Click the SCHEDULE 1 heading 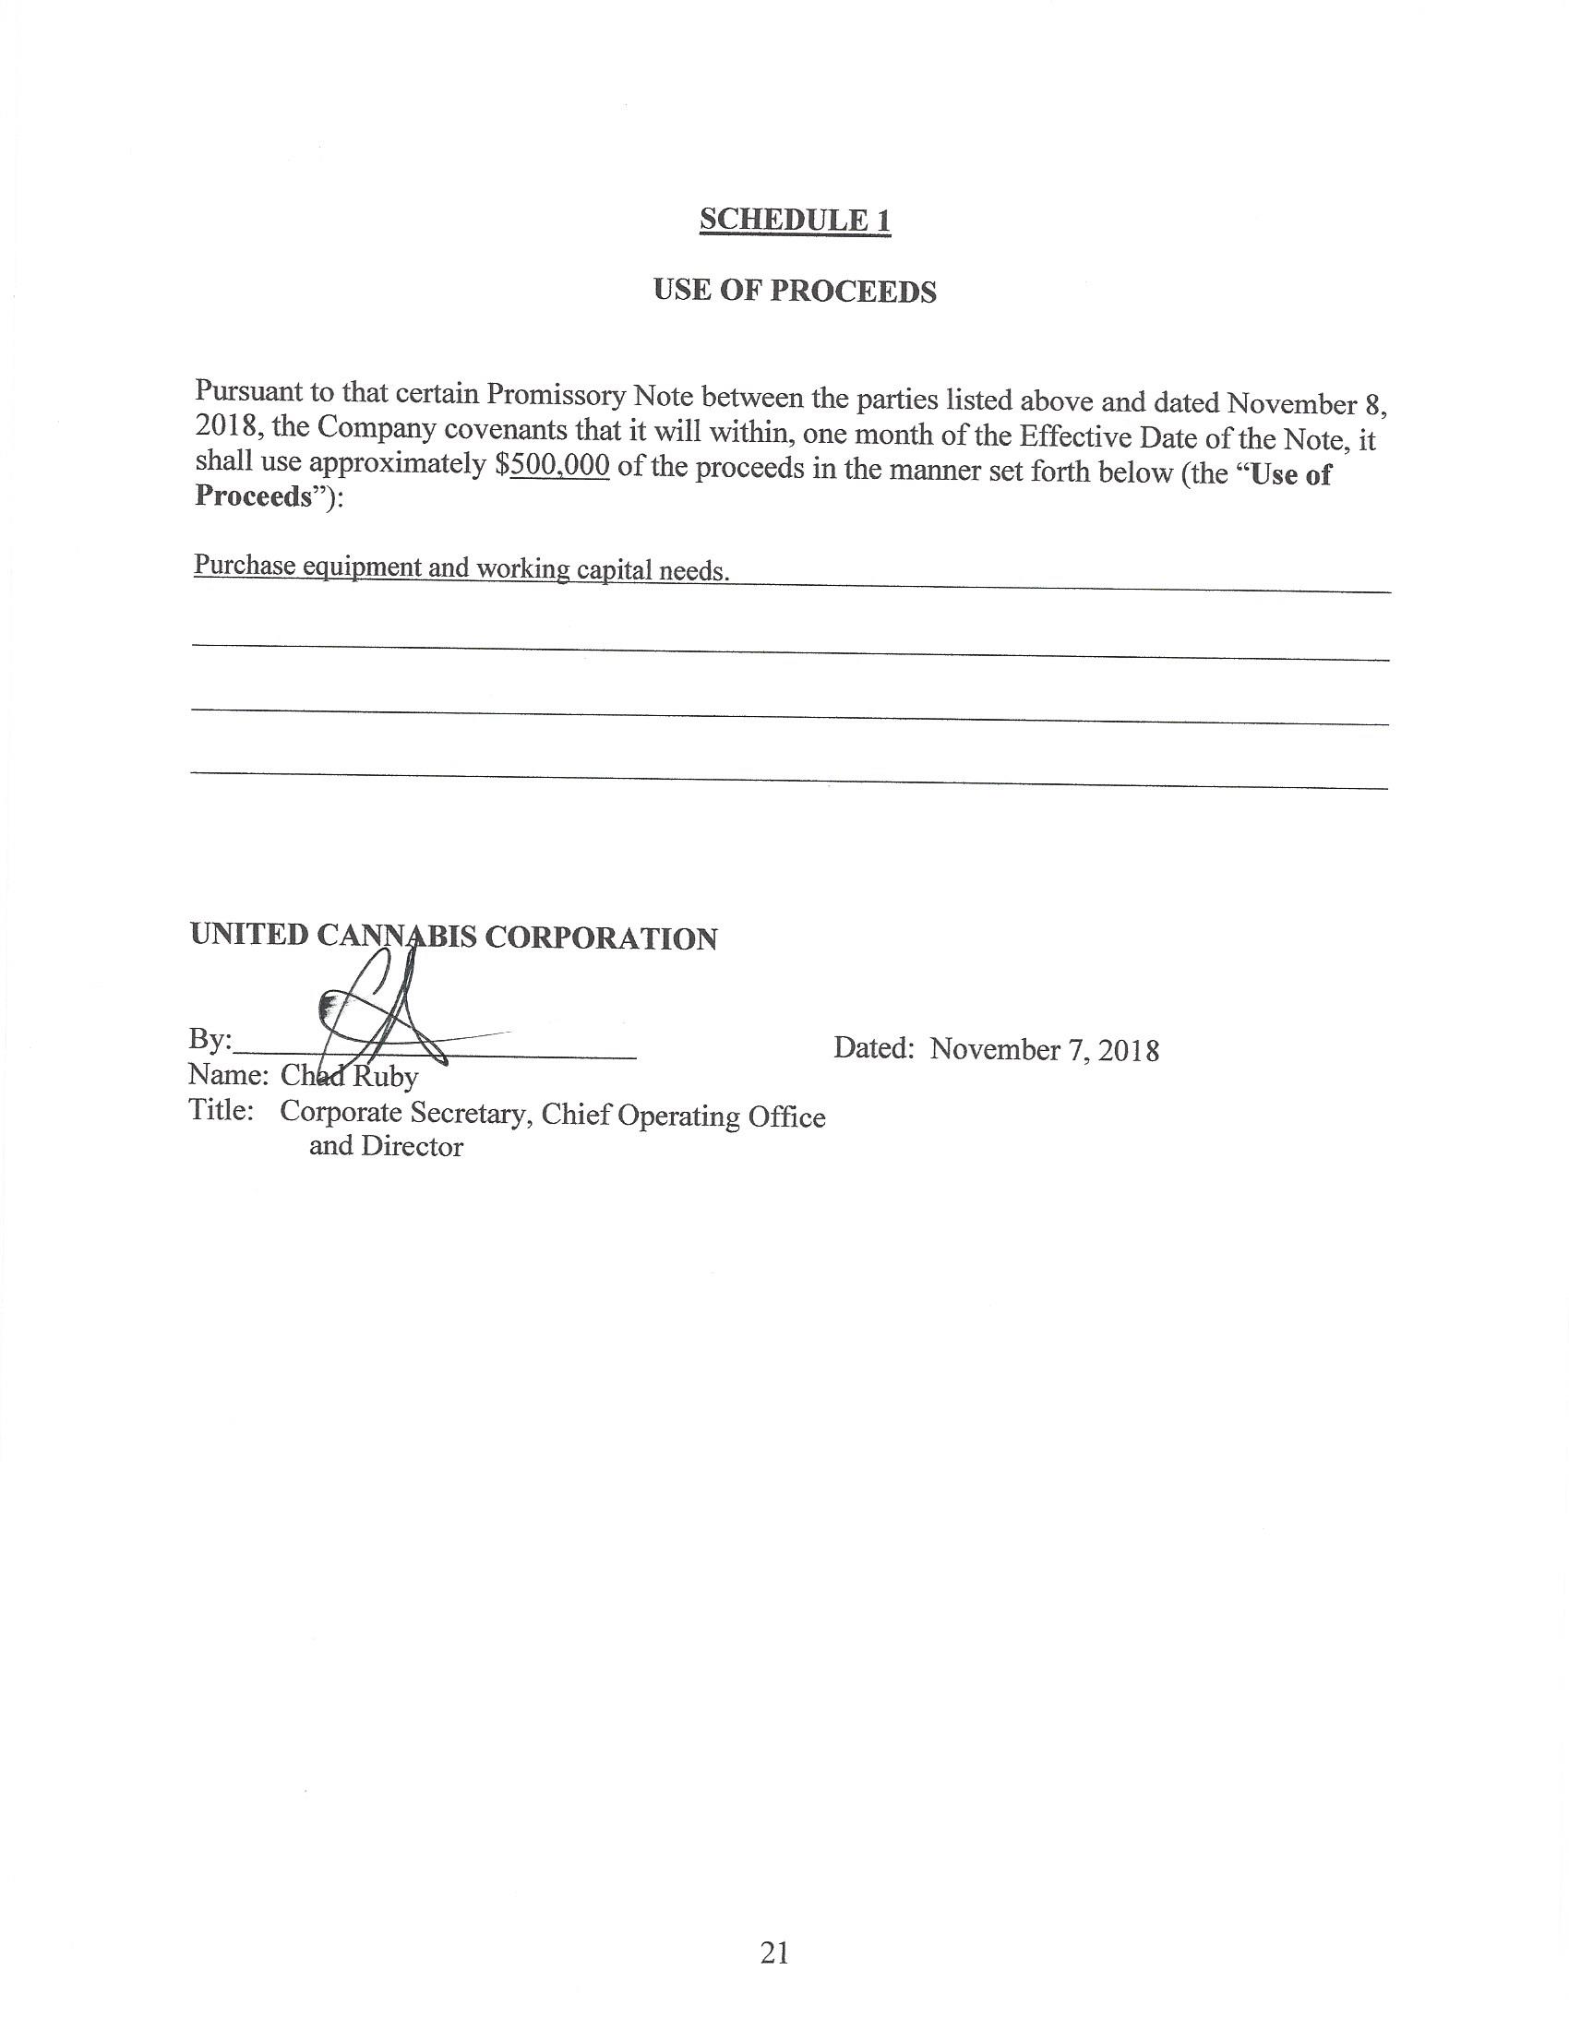coord(795,221)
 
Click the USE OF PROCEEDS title coord(795,291)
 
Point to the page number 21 coord(774,1952)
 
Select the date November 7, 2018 coord(1044,1050)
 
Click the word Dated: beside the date coord(874,1048)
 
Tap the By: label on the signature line coord(210,1040)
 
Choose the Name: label coord(229,1075)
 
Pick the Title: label coord(222,1111)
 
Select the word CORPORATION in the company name coord(601,938)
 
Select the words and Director coord(386,1147)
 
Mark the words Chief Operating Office coord(683,1116)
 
